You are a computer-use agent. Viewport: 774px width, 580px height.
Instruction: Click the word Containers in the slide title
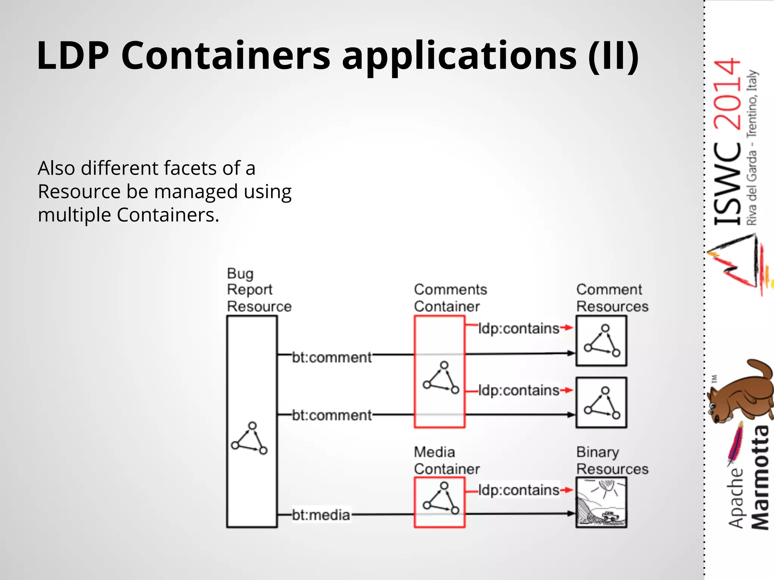tap(226, 56)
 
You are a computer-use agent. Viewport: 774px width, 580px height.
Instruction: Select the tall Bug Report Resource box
tap(252, 378)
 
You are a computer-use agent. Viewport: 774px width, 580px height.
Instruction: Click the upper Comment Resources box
tap(601, 341)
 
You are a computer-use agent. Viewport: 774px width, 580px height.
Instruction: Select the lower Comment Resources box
tap(601, 403)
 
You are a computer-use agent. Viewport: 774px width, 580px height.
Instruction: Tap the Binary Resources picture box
tap(601, 502)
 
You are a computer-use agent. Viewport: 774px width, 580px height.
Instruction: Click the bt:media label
tap(321, 515)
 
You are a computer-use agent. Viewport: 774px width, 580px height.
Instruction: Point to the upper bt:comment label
tap(332, 357)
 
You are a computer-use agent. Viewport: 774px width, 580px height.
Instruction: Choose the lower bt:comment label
tap(332, 415)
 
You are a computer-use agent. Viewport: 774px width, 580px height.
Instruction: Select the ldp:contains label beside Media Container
tap(519, 490)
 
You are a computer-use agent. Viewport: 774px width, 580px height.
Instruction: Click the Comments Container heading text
tap(450, 298)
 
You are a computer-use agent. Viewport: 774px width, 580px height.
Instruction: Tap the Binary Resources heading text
tap(612, 460)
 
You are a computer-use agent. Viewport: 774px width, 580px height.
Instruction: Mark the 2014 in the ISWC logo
tap(727, 94)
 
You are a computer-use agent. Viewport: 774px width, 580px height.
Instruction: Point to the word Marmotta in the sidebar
tap(760, 478)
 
